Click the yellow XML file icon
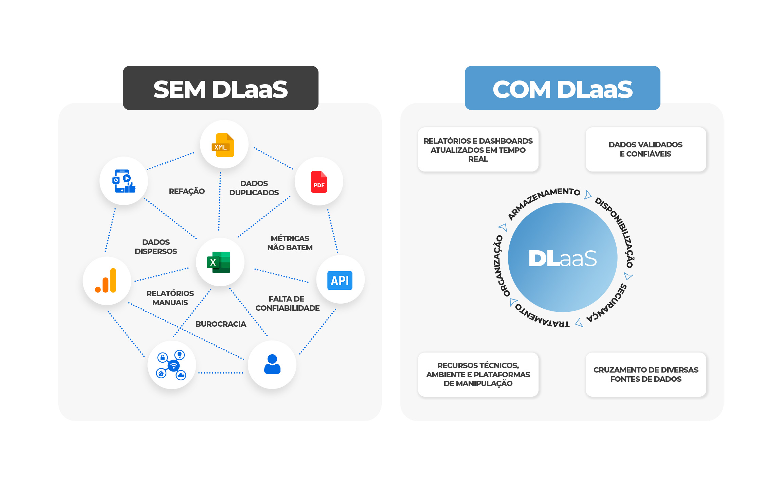point(223,145)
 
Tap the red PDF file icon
point(319,182)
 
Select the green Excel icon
point(219,262)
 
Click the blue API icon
point(340,281)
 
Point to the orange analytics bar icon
point(106,281)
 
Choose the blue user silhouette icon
point(272,364)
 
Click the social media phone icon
point(124,181)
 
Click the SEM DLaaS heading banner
point(221,88)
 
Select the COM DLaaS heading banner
point(563,88)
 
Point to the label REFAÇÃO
point(187,191)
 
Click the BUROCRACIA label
point(221,324)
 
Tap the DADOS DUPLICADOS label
point(254,188)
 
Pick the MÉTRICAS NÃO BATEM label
point(290,243)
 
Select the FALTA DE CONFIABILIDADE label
point(287,303)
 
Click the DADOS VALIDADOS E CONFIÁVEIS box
point(646,149)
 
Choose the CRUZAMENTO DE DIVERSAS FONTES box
point(646,374)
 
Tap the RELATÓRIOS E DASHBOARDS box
point(478,149)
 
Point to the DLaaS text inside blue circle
point(563,258)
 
